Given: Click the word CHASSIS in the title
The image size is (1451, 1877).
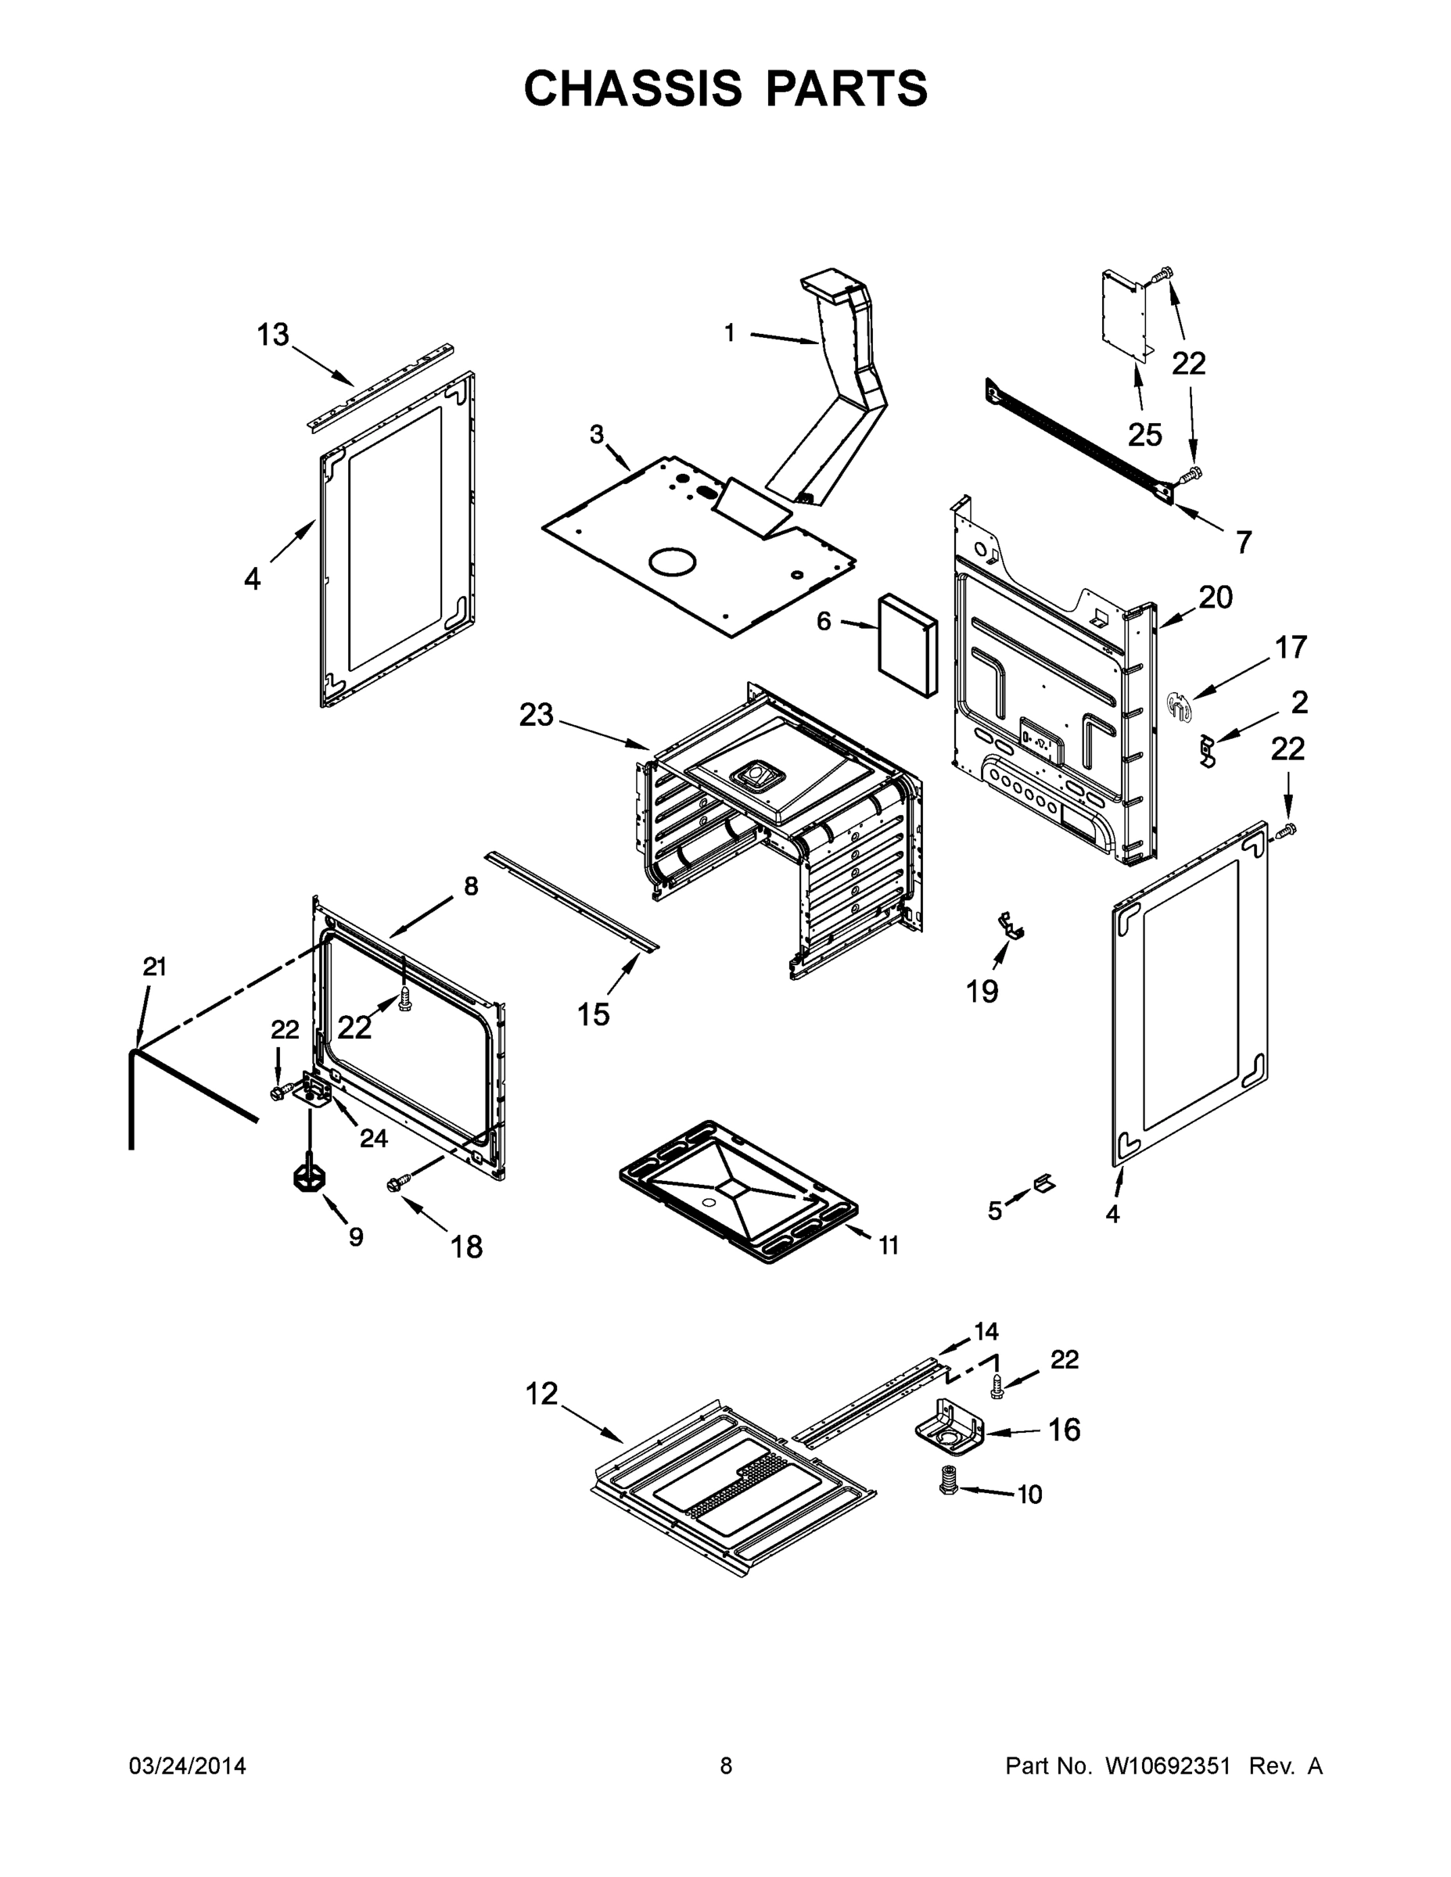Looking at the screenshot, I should [633, 88].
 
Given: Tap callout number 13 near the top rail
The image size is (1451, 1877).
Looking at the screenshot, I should [273, 334].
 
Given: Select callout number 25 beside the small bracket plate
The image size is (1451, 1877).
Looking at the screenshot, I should [1145, 435].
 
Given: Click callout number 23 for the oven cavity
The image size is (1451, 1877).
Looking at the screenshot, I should [537, 715].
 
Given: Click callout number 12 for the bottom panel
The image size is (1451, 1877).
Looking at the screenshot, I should [541, 1393].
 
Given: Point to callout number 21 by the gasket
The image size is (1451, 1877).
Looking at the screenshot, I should [155, 967].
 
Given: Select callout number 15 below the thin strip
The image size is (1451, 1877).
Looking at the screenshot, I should [593, 1015].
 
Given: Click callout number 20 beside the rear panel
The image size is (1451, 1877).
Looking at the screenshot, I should [1216, 597].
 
